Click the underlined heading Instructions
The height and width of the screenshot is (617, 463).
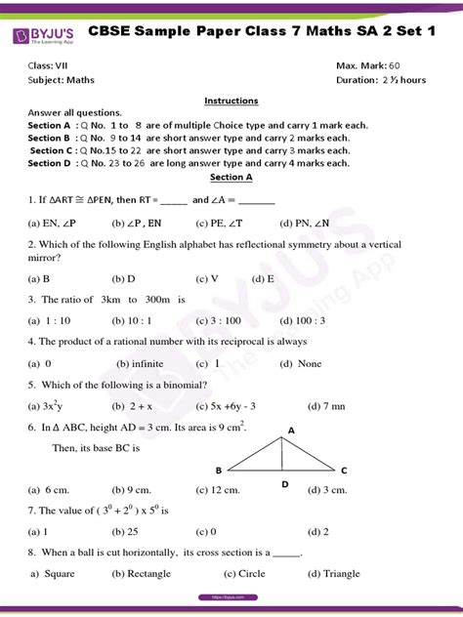[x=231, y=101]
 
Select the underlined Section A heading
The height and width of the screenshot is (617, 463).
[x=231, y=178]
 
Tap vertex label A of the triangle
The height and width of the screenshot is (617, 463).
[x=291, y=430]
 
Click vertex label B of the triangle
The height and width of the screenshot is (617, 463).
[x=218, y=471]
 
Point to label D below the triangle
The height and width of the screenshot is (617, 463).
[x=284, y=484]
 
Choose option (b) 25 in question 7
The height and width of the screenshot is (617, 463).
[x=124, y=532]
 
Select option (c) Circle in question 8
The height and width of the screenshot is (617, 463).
[x=244, y=574]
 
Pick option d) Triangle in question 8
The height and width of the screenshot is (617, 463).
[x=334, y=574]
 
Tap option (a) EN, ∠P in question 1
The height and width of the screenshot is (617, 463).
[x=50, y=223]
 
